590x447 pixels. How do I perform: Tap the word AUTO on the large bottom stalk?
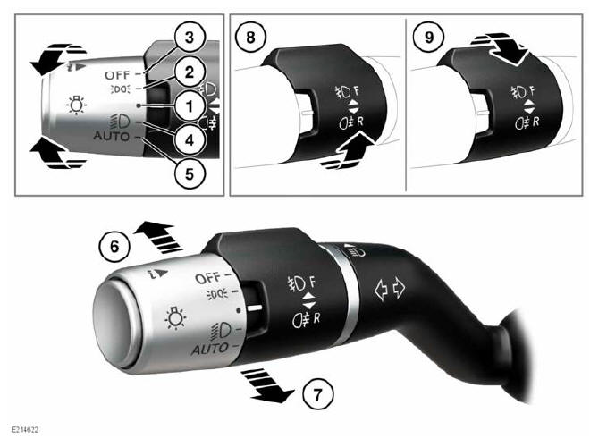point(210,347)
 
